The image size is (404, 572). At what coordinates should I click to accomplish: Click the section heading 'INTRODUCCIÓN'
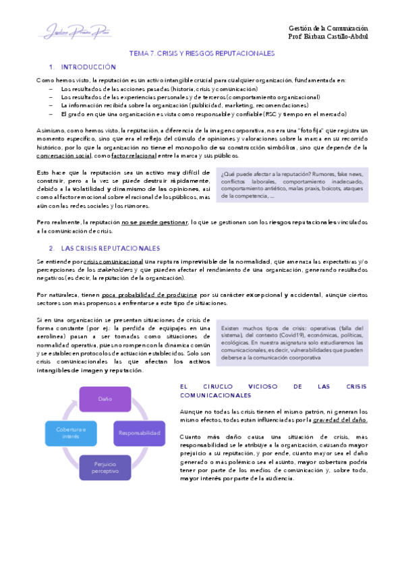(88, 67)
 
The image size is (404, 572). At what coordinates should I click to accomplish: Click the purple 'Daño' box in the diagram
(105, 399)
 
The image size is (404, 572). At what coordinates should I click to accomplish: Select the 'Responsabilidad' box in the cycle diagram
(138, 432)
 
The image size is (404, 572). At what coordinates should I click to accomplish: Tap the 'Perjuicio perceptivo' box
(105, 466)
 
